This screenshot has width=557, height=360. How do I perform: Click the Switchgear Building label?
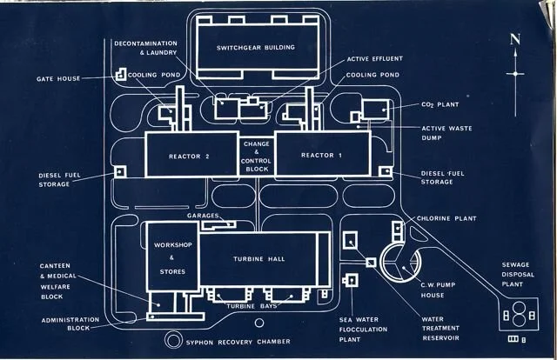tap(256, 47)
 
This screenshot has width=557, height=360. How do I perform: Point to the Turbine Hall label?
tap(259, 259)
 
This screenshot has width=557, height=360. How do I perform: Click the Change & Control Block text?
tap(257, 153)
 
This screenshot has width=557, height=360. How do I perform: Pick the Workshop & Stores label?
tap(171, 258)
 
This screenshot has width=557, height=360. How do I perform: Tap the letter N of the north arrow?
tap(515, 39)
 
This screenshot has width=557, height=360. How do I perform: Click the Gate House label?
tap(58, 78)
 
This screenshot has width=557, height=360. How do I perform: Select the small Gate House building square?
tap(120, 77)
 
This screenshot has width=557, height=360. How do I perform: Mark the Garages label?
tap(202, 215)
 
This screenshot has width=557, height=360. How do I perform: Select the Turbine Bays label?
tap(252, 306)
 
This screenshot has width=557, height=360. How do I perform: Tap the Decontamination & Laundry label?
tap(145, 47)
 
